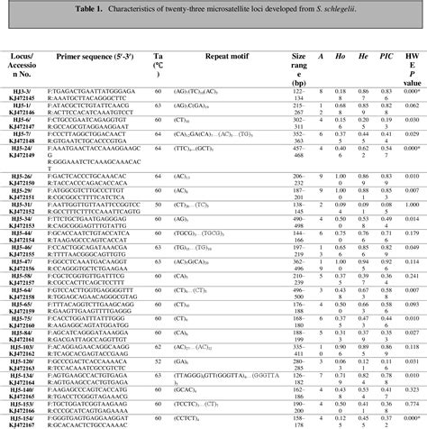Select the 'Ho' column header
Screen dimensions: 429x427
click(342, 56)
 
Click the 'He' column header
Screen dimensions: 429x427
click(363, 56)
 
